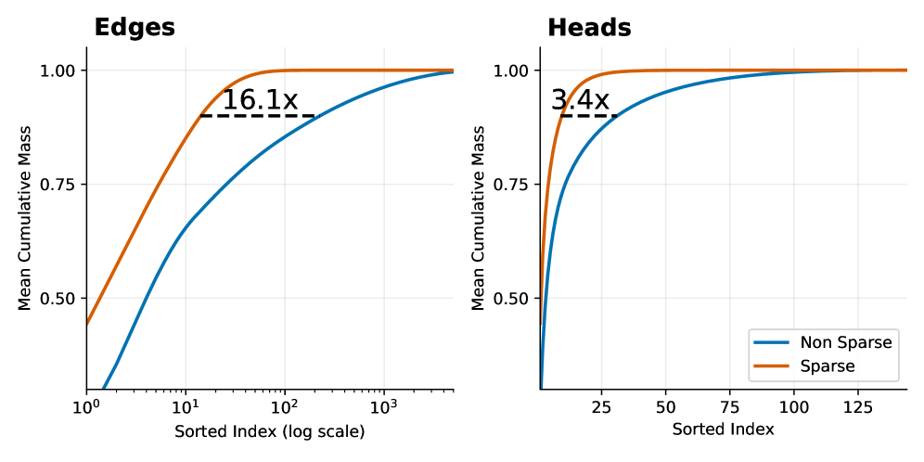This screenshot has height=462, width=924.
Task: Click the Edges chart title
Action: click(x=135, y=28)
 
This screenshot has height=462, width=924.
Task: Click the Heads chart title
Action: click(x=589, y=28)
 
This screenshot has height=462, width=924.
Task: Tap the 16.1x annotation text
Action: click(x=260, y=99)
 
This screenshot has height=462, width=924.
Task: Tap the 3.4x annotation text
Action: click(x=580, y=99)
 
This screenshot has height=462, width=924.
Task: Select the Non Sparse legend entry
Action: click(x=845, y=342)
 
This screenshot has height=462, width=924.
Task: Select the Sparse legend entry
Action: click(x=826, y=366)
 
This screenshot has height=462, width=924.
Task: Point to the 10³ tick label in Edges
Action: click(x=383, y=407)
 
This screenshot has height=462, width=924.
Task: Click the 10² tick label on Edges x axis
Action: click(x=285, y=407)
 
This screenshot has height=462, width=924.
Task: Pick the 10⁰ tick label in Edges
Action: click(x=86, y=407)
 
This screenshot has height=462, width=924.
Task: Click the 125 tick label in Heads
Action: click(x=859, y=407)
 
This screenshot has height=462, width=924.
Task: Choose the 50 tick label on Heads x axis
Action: click(x=664, y=407)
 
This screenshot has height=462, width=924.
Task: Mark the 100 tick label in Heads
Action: click(x=794, y=407)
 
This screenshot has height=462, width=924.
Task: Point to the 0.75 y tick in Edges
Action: click(x=59, y=185)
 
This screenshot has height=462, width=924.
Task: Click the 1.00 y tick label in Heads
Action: click(x=512, y=71)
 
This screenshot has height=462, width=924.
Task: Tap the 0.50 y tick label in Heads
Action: click(x=512, y=299)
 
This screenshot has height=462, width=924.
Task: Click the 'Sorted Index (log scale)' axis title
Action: click(x=270, y=431)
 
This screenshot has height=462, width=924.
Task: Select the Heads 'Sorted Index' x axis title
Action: click(x=723, y=430)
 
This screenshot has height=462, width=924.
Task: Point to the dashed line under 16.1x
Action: click(x=258, y=116)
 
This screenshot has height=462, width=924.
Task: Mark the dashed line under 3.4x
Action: click(x=589, y=116)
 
